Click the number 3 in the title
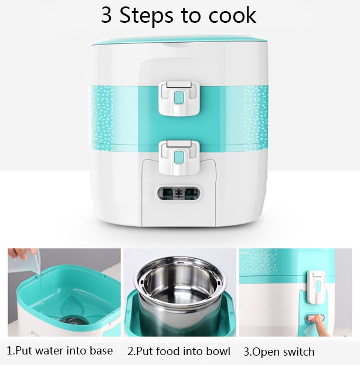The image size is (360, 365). (106, 15)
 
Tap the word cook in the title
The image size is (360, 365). (232, 15)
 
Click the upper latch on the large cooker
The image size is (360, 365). (179, 98)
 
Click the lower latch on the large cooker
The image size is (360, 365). (179, 158)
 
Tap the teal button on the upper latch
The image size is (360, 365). (179, 97)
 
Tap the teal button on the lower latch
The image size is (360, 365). (179, 156)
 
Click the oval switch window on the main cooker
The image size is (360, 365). (178, 193)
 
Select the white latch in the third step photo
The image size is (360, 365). (315, 287)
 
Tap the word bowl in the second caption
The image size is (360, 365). (218, 351)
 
